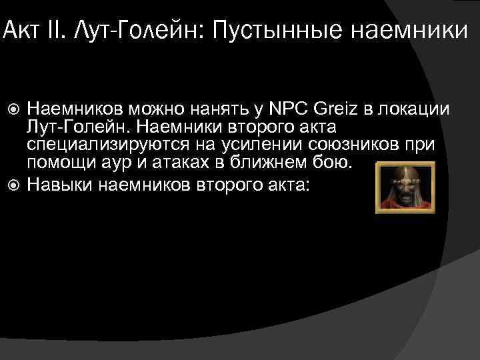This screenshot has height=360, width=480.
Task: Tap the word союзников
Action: (x=352, y=145)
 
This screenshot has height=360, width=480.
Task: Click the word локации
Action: (x=418, y=108)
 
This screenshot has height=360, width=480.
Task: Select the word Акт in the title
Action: (x=17, y=30)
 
